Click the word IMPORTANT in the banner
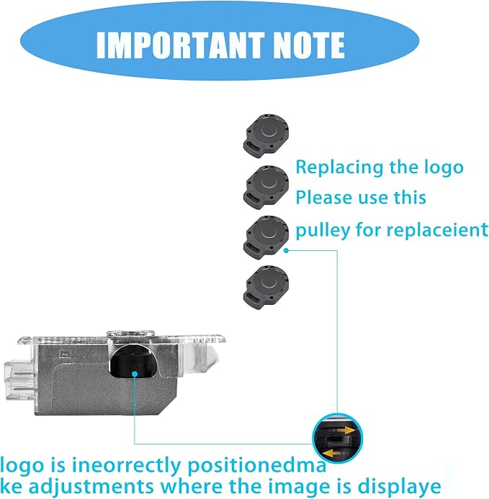pos(181,45)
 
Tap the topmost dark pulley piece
pos(266,136)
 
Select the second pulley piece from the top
pos(266,187)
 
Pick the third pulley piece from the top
pos(266,237)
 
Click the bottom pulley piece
pos(266,288)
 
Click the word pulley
pos(323,230)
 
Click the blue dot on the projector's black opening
pos(135,374)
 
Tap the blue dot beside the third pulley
pos(286,250)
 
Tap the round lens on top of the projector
pos(130,334)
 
